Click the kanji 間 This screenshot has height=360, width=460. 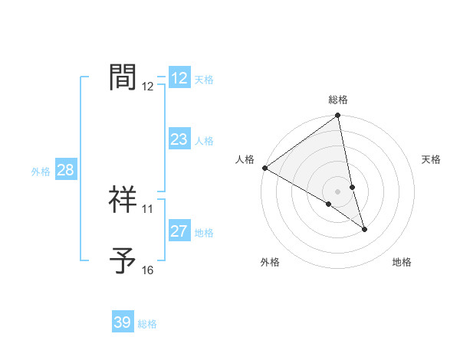click(123, 77)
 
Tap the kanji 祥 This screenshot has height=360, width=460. click(123, 199)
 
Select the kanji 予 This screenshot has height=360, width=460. click(123, 260)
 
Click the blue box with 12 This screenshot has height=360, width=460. click(179, 78)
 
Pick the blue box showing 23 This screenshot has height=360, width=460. click(179, 139)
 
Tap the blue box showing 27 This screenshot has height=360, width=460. click(179, 231)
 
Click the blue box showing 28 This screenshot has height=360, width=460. click(65, 170)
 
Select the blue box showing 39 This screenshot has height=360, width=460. click(123, 322)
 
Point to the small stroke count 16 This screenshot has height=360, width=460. click(147, 270)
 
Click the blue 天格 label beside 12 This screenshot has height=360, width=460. click(204, 80)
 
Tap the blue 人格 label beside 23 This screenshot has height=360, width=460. click(204, 141)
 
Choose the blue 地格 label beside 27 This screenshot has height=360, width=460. click(204, 233)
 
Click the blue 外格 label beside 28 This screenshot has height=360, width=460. click(41, 172)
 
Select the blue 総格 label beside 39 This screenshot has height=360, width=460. click(147, 324)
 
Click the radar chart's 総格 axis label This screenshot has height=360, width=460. click(338, 100)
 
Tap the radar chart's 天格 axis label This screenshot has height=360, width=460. click(432, 159)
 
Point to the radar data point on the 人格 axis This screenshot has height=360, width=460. click(264, 168)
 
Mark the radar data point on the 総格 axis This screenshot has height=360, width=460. click(338, 116)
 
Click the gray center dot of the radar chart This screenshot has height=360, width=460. click(338, 191)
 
